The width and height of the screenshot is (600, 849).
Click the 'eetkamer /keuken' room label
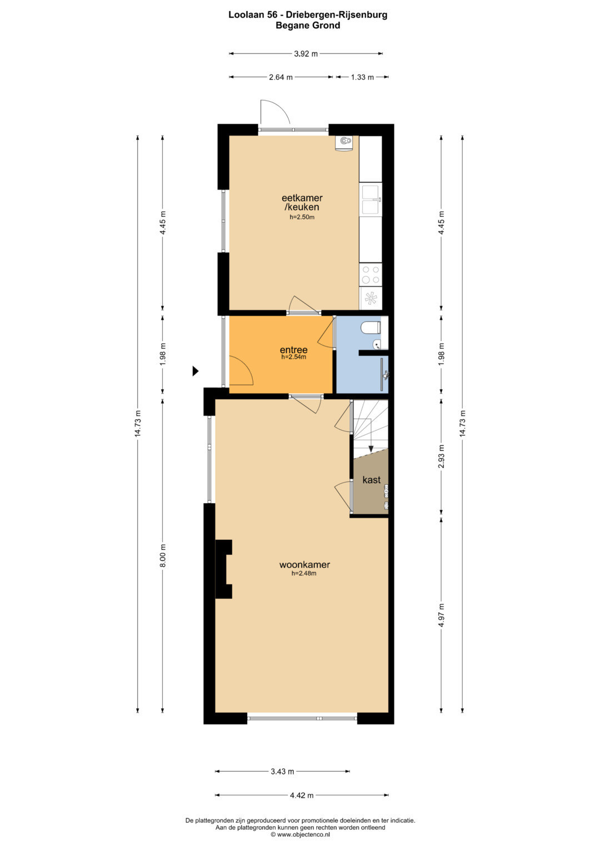302,202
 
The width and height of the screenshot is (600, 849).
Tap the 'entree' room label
293,350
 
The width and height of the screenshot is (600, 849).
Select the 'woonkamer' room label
304,565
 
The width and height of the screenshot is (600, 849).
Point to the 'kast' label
371,480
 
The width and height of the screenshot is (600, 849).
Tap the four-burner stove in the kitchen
371,275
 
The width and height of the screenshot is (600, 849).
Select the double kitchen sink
371,200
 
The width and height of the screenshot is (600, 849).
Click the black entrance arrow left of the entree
196,371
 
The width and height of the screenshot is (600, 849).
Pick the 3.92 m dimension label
306,54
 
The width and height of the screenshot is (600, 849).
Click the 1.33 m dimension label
362,77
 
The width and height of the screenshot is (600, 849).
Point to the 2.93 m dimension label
441,456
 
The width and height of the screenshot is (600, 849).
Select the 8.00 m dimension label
163,555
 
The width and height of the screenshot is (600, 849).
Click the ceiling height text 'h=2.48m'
304,573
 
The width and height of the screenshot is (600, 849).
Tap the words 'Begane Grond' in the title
308,26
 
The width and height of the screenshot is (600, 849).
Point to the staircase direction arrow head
371,449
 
